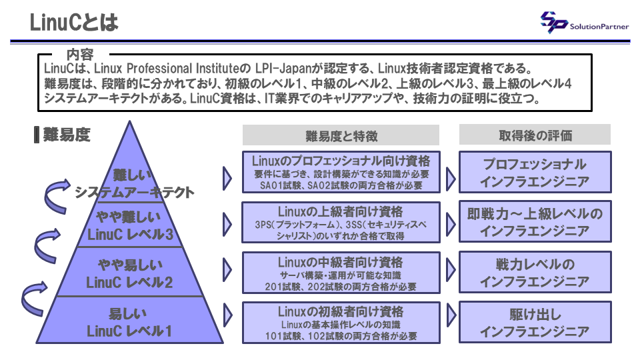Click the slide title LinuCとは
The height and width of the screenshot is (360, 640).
pyautogui.click(x=74, y=23)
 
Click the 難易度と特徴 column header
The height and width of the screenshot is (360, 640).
pyautogui.click(x=341, y=135)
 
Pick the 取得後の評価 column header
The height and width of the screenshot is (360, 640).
pyautogui.click(x=535, y=135)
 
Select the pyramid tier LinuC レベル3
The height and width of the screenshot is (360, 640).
pyautogui.click(x=130, y=225)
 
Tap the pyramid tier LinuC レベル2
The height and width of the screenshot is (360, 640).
pyautogui.click(x=129, y=273)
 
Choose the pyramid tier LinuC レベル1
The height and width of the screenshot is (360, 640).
pyautogui.click(x=129, y=322)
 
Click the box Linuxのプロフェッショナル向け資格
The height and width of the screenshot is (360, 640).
pyautogui.click(x=341, y=173)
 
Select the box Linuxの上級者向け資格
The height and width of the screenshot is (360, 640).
pyautogui.click(x=341, y=222)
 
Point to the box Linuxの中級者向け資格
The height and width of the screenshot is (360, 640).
pyautogui.click(x=341, y=272)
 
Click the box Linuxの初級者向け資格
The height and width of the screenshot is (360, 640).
pyautogui.click(x=341, y=322)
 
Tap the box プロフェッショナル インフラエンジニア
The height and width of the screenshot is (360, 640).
pyautogui.click(x=535, y=173)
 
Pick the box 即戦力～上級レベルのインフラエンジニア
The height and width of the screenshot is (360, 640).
pyautogui.click(x=535, y=222)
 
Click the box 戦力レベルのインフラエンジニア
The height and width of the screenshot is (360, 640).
pyautogui.click(x=535, y=272)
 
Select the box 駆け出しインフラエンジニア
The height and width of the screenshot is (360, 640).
pyautogui.click(x=535, y=322)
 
